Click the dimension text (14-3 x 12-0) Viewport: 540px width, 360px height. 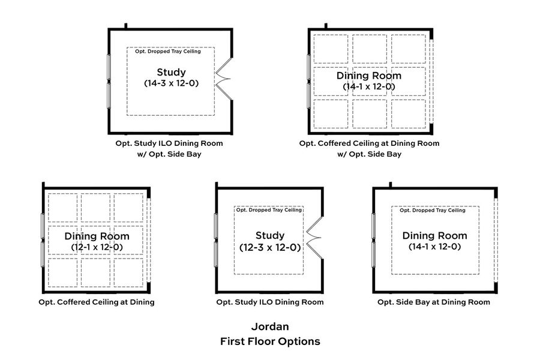(x=171, y=83)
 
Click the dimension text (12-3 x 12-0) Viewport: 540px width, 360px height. (x=269, y=247)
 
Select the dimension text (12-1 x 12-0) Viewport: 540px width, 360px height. (x=97, y=247)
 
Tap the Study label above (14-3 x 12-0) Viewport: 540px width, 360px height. (x=171, y=73)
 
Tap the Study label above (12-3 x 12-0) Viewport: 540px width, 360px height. (x=269, y=235)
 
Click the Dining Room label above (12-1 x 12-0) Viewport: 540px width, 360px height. (x=97, y=236)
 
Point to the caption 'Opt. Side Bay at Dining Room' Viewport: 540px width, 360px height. (x=433, y=302)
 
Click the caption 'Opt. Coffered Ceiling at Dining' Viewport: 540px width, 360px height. (x=97, y=302)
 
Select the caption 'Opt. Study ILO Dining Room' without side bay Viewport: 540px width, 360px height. (x=270, y=302)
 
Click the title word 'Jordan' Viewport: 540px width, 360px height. (x=270, y=327)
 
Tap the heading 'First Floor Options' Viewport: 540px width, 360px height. (x=270, y=341)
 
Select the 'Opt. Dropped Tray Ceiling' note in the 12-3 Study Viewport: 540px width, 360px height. (x=268, y=210)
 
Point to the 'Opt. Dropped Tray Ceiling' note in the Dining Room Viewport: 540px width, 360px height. (x=432, y=210)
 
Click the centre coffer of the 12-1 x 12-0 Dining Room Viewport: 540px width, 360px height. (x=97, y=240)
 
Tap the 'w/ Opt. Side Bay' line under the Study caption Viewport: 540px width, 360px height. (x=169, y=154)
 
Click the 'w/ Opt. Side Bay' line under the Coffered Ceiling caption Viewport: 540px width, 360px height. (x=369, y=154)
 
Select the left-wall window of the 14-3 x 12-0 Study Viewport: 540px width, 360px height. (x=109, y=81)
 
